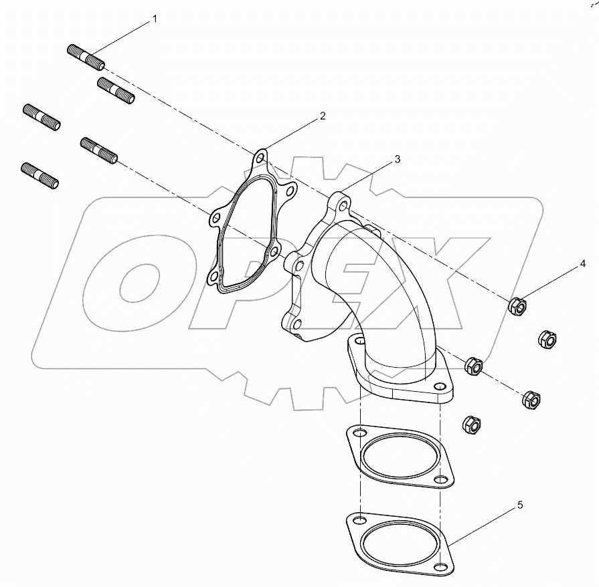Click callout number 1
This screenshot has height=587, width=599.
[x=155, y=19]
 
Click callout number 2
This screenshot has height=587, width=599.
[x=323, y=116]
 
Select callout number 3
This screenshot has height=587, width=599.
[x=398, y=159]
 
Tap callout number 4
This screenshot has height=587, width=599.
[x=582, y=263]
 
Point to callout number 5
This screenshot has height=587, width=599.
[x=520, y=505]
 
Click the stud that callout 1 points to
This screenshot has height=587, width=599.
[x=86, y=57]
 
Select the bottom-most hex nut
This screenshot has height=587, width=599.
[x=472, y=425]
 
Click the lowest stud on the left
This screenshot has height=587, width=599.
[x=39, y=176]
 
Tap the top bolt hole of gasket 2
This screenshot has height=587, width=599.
[x=260, y=158]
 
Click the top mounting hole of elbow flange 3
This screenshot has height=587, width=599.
[x=344, y=207]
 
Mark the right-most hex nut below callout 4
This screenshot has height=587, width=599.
[x=547, y=338]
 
